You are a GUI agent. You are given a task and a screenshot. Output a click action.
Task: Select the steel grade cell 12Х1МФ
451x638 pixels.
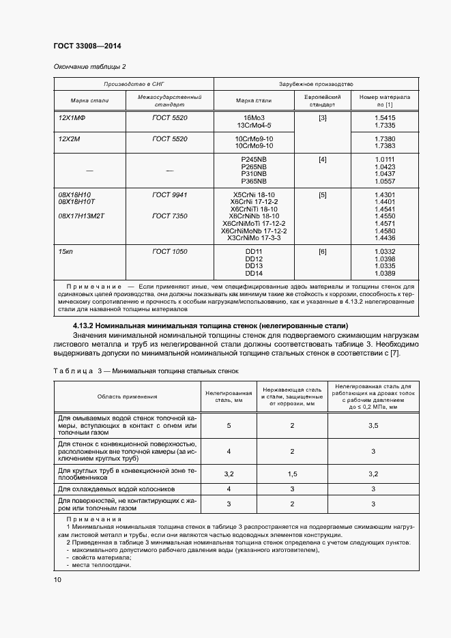pyautogui.click(x=72, y=118)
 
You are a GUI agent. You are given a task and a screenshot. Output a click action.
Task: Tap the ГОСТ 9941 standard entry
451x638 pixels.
pyautogui.click(x=170, y=195)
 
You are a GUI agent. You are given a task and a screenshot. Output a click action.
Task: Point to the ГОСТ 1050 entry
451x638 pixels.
pyautogui.click(x=170, y=252)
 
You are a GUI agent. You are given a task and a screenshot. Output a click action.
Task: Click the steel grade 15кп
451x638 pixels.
pyautogui.click(x=66, y=252)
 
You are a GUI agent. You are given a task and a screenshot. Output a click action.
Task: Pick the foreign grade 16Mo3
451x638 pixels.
pyautogui.click(x=253, y=118)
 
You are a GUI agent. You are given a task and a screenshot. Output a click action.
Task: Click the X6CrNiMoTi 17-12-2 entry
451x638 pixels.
pyautogui.click(x=253, y=224)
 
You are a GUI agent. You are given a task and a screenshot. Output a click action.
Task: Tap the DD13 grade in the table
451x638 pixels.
pyautogui.click(x=253, y=266)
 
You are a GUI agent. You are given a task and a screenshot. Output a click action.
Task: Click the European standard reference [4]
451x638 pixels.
pyautogui.click(x=322, y=160)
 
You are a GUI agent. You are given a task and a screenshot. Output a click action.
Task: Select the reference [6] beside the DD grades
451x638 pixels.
pyautogui.click(x=322, y=252)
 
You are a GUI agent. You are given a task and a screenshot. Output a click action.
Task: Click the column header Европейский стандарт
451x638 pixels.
pyautogui.click(x=322, y=102)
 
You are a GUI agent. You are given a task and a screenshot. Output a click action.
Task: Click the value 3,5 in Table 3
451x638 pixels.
pyautogui.click(x=373, y=426)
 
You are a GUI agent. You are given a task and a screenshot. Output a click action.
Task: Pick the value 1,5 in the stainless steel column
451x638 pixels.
pyautogui.click(x=292, y=474)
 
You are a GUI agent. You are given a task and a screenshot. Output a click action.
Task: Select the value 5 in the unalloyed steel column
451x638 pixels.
pyautogui.click(x=229, y=426)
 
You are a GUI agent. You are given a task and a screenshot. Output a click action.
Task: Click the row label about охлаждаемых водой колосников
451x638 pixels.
pyautogui.click(x=117, y=489)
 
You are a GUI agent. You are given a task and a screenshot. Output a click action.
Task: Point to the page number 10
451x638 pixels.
pyautogui.click(x=57, y=579)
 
